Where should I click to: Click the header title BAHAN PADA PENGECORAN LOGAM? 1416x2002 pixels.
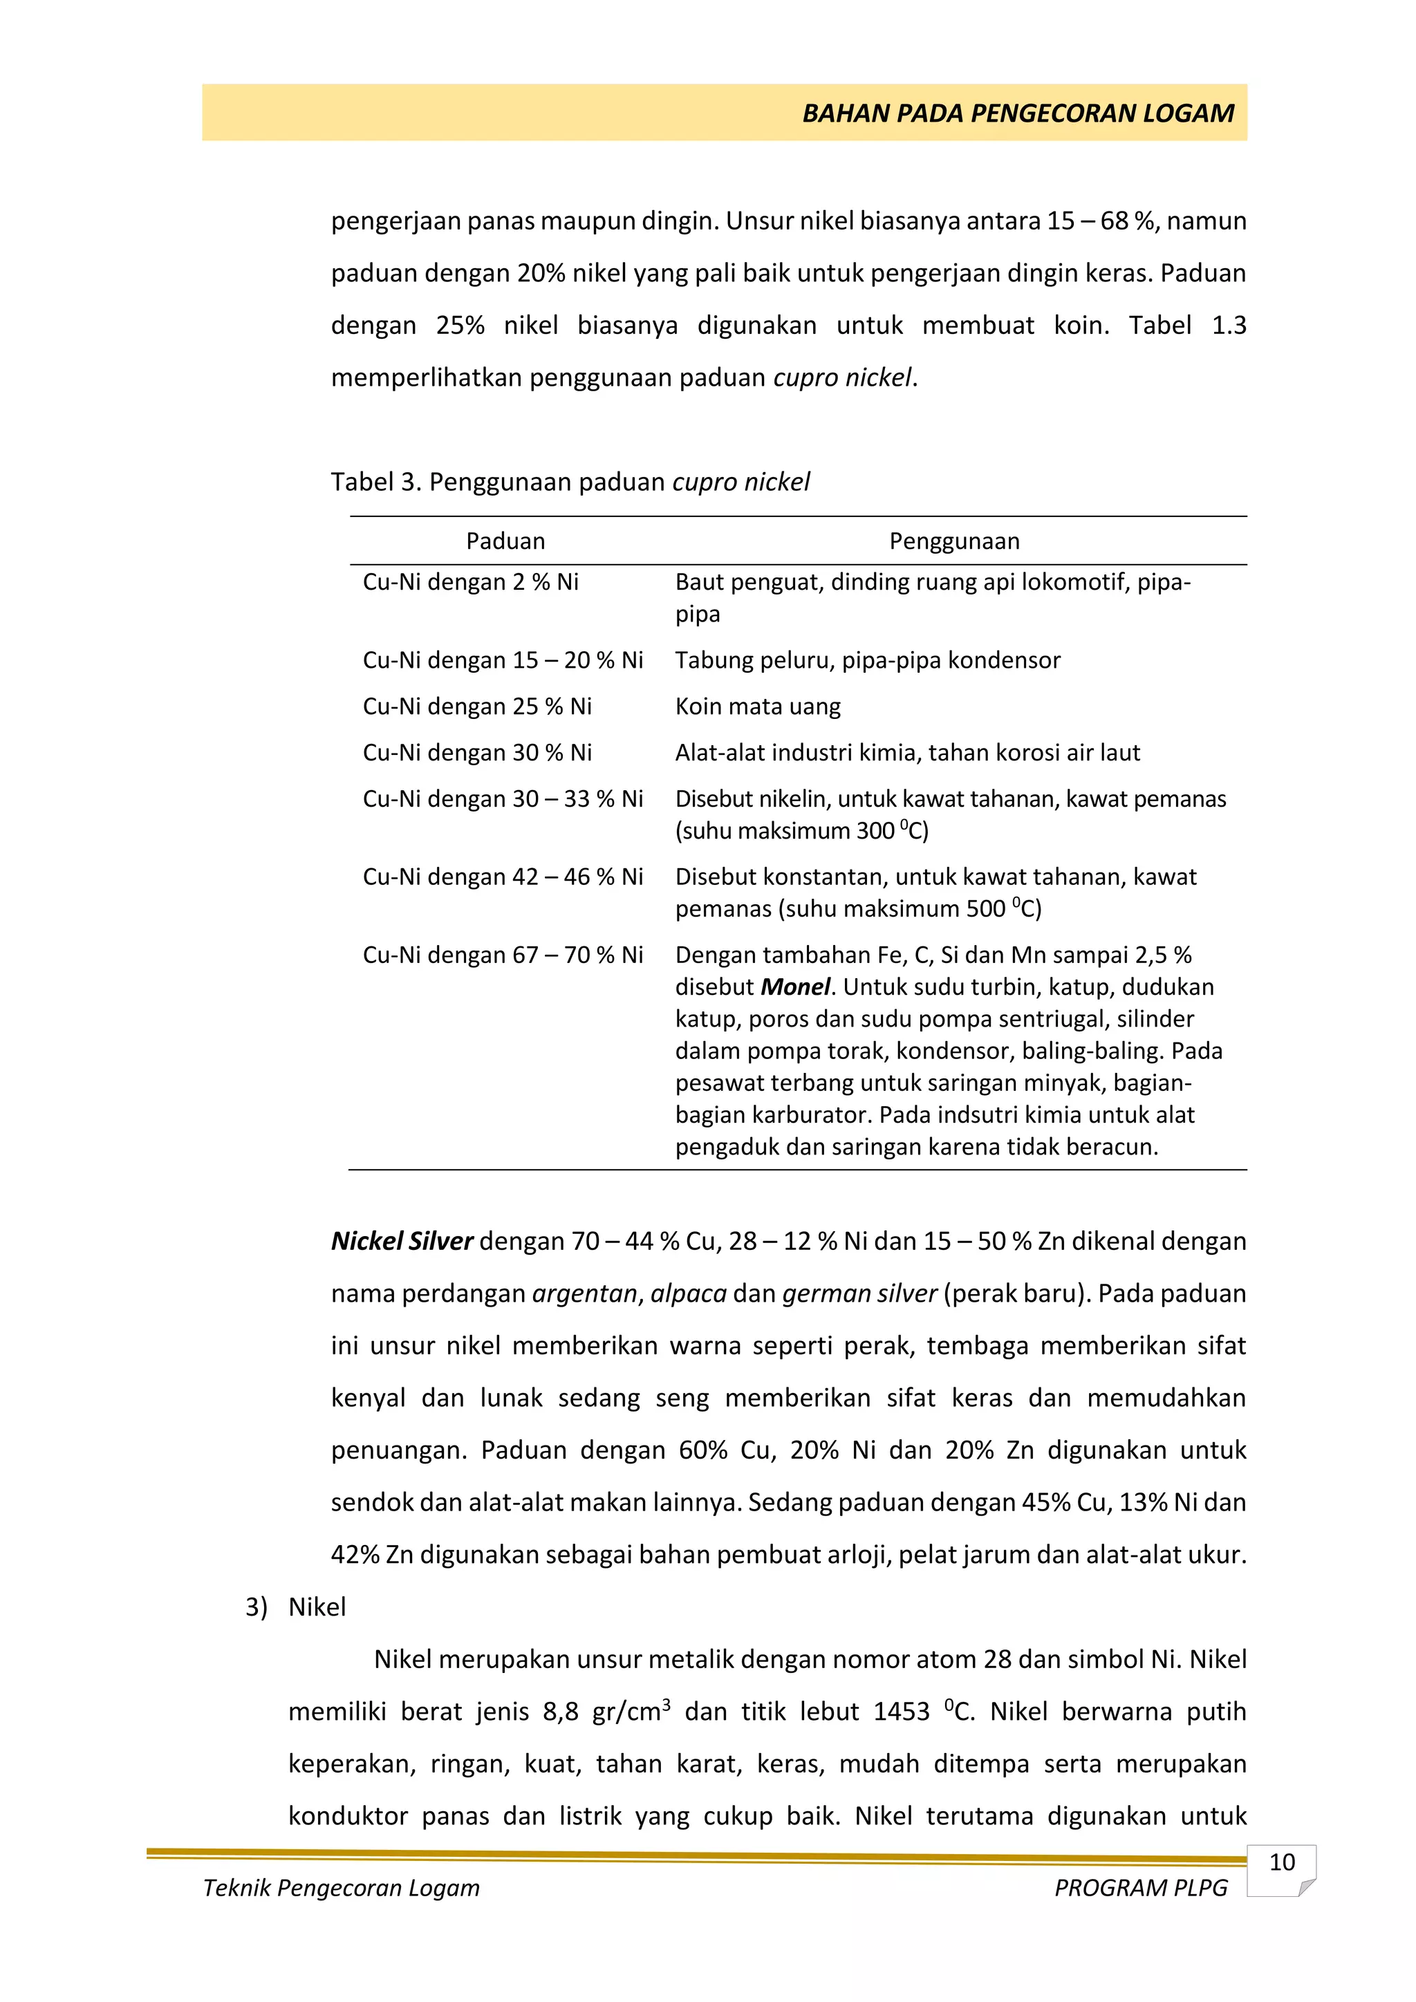pos(1018,113)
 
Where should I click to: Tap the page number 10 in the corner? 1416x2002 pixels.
pos(1281,1862)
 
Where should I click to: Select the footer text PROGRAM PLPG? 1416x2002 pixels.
pos(1140,1888)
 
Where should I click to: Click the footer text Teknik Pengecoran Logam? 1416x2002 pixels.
pos(341,1888)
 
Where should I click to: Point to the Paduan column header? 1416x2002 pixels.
pos(505,541)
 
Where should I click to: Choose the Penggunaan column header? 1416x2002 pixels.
pos(954,541)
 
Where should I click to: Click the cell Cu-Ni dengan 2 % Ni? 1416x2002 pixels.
pos(471,583)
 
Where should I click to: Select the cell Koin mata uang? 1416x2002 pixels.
pos(758,707)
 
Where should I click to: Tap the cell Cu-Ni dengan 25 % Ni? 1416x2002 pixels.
pos(477,707)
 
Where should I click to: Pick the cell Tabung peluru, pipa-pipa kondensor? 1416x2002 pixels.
pos(868,660)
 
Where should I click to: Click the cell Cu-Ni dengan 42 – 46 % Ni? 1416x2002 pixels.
pos(503,877)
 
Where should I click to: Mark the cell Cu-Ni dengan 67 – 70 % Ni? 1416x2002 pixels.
pos(503,955)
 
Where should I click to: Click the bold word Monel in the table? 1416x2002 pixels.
pos(795,987)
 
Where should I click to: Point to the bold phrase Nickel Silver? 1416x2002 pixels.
pos(402,1241)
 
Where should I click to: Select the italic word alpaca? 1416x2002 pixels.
pos(688,1293)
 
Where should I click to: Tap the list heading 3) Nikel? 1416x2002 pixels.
pos(297,1607)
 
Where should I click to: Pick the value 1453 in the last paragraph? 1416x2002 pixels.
pos(902,1712)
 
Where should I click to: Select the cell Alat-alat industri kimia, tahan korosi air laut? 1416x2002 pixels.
pos(907,753)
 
